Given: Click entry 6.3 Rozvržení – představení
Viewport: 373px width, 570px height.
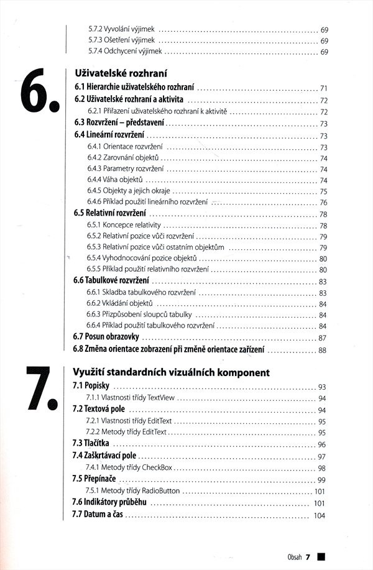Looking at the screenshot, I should (113, 123).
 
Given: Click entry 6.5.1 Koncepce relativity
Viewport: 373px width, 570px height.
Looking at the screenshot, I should (124, 225).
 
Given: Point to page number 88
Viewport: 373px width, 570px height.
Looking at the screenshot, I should (322, 351).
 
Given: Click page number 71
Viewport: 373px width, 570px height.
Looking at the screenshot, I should (323, 88).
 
